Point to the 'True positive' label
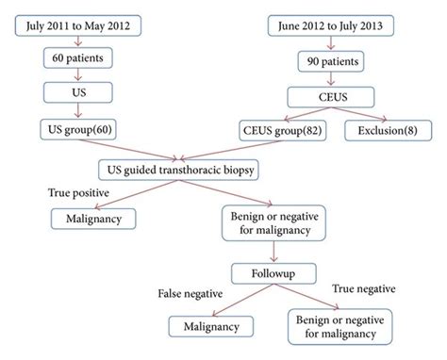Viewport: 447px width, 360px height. pyautogui.click(x=78, y=193)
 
